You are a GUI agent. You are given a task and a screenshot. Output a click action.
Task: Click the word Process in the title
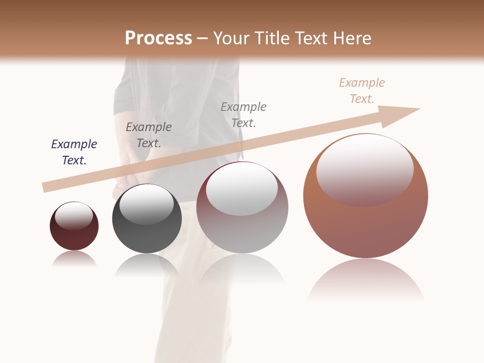pos(158,38)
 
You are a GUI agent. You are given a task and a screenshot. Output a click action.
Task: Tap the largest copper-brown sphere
pos(366,222)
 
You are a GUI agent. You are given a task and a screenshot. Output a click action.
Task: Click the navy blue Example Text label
pos(74,152)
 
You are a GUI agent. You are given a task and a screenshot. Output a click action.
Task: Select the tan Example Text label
pos(362,91)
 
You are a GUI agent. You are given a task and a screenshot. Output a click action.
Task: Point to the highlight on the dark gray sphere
pos(147,204)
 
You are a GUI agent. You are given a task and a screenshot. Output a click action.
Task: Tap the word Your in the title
pos(233,38)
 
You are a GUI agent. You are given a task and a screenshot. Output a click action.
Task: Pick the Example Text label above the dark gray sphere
pos(149,135)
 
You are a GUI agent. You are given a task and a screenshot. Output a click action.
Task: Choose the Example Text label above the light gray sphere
pos(244,114)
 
